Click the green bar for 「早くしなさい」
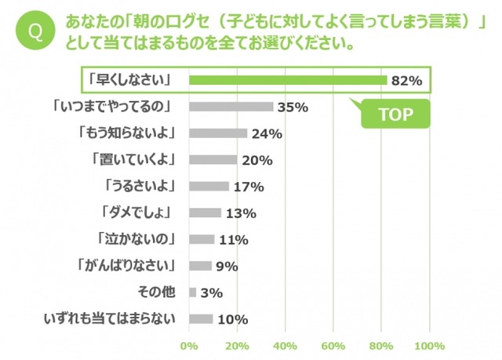(287, 80)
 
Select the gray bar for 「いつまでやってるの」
(231, 106)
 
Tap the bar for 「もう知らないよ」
(217, 133)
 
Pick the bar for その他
(192, 292)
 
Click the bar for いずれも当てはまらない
(201, 318)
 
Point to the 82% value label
(408, 80)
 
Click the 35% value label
(292, 107)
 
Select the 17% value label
(248, 187)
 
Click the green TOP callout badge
(395, 114)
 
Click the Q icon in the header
(35, 32)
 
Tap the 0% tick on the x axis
(189, 346)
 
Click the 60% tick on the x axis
(333, 346)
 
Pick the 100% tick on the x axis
(429, 346)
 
